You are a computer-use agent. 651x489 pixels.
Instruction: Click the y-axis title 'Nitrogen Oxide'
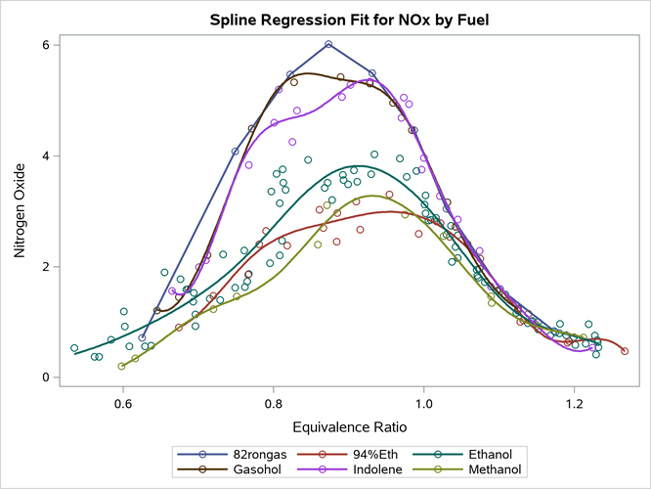pyautogui.click(x=19, y=210)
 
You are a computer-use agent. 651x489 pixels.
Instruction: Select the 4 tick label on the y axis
pyautogui.click(x=46, y=156)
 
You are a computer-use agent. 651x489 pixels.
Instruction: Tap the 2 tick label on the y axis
pyautogui.click(x=46, y=267)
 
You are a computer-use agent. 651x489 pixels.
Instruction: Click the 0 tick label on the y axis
pyautogui.click(x=46, y=378)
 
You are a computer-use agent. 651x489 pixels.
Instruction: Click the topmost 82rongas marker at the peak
pyautogui.click(x=328, y=44)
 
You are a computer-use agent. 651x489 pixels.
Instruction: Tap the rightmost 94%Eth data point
pyautogui.click(x=625, y=351)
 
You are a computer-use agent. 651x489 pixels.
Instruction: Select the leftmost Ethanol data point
pyautogui.click(x=74, y=348)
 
